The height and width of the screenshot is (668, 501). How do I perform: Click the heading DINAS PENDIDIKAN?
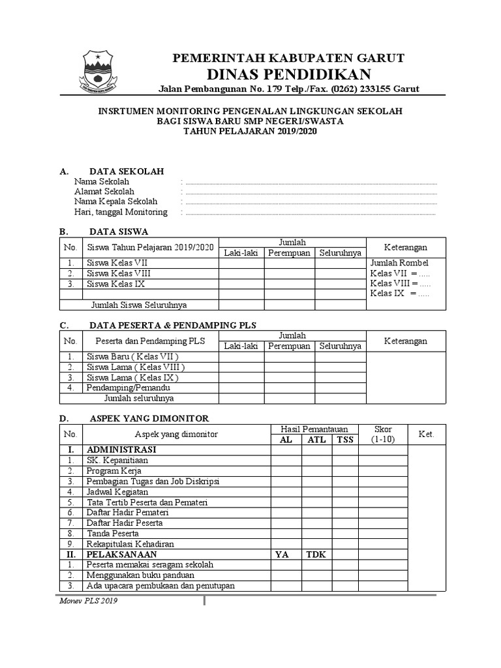click(x=289, y=73)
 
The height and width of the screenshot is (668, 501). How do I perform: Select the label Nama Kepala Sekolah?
click(x=116, y=202)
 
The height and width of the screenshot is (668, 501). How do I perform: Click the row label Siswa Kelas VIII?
click(x=118, y=274)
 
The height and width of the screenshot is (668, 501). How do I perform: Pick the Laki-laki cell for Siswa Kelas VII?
click(x=241, y=264)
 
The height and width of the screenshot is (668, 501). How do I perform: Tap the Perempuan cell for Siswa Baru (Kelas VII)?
click(x=290, y=357)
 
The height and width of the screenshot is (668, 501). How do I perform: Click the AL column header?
click(x=286, y=440)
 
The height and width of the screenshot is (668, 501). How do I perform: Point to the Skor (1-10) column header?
click(x=383, y=434)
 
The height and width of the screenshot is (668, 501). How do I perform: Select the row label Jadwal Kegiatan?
click(x=117, y=491)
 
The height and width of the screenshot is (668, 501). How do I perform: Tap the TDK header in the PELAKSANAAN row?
click(x=316, y=554)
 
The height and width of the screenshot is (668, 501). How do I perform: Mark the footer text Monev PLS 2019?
click(x=89, y=601)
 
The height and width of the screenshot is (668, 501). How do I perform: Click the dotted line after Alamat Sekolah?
click(x=311, y=192)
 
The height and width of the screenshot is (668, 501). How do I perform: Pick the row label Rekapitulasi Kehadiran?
click(x=130, y=543)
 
